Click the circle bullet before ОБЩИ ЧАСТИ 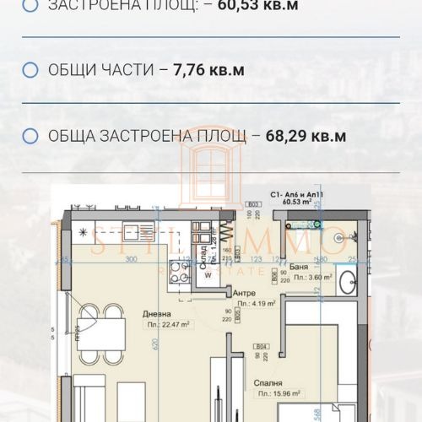click(31, 70)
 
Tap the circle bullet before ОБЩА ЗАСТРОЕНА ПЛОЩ click(31, 136)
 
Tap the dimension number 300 click(130, 261)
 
